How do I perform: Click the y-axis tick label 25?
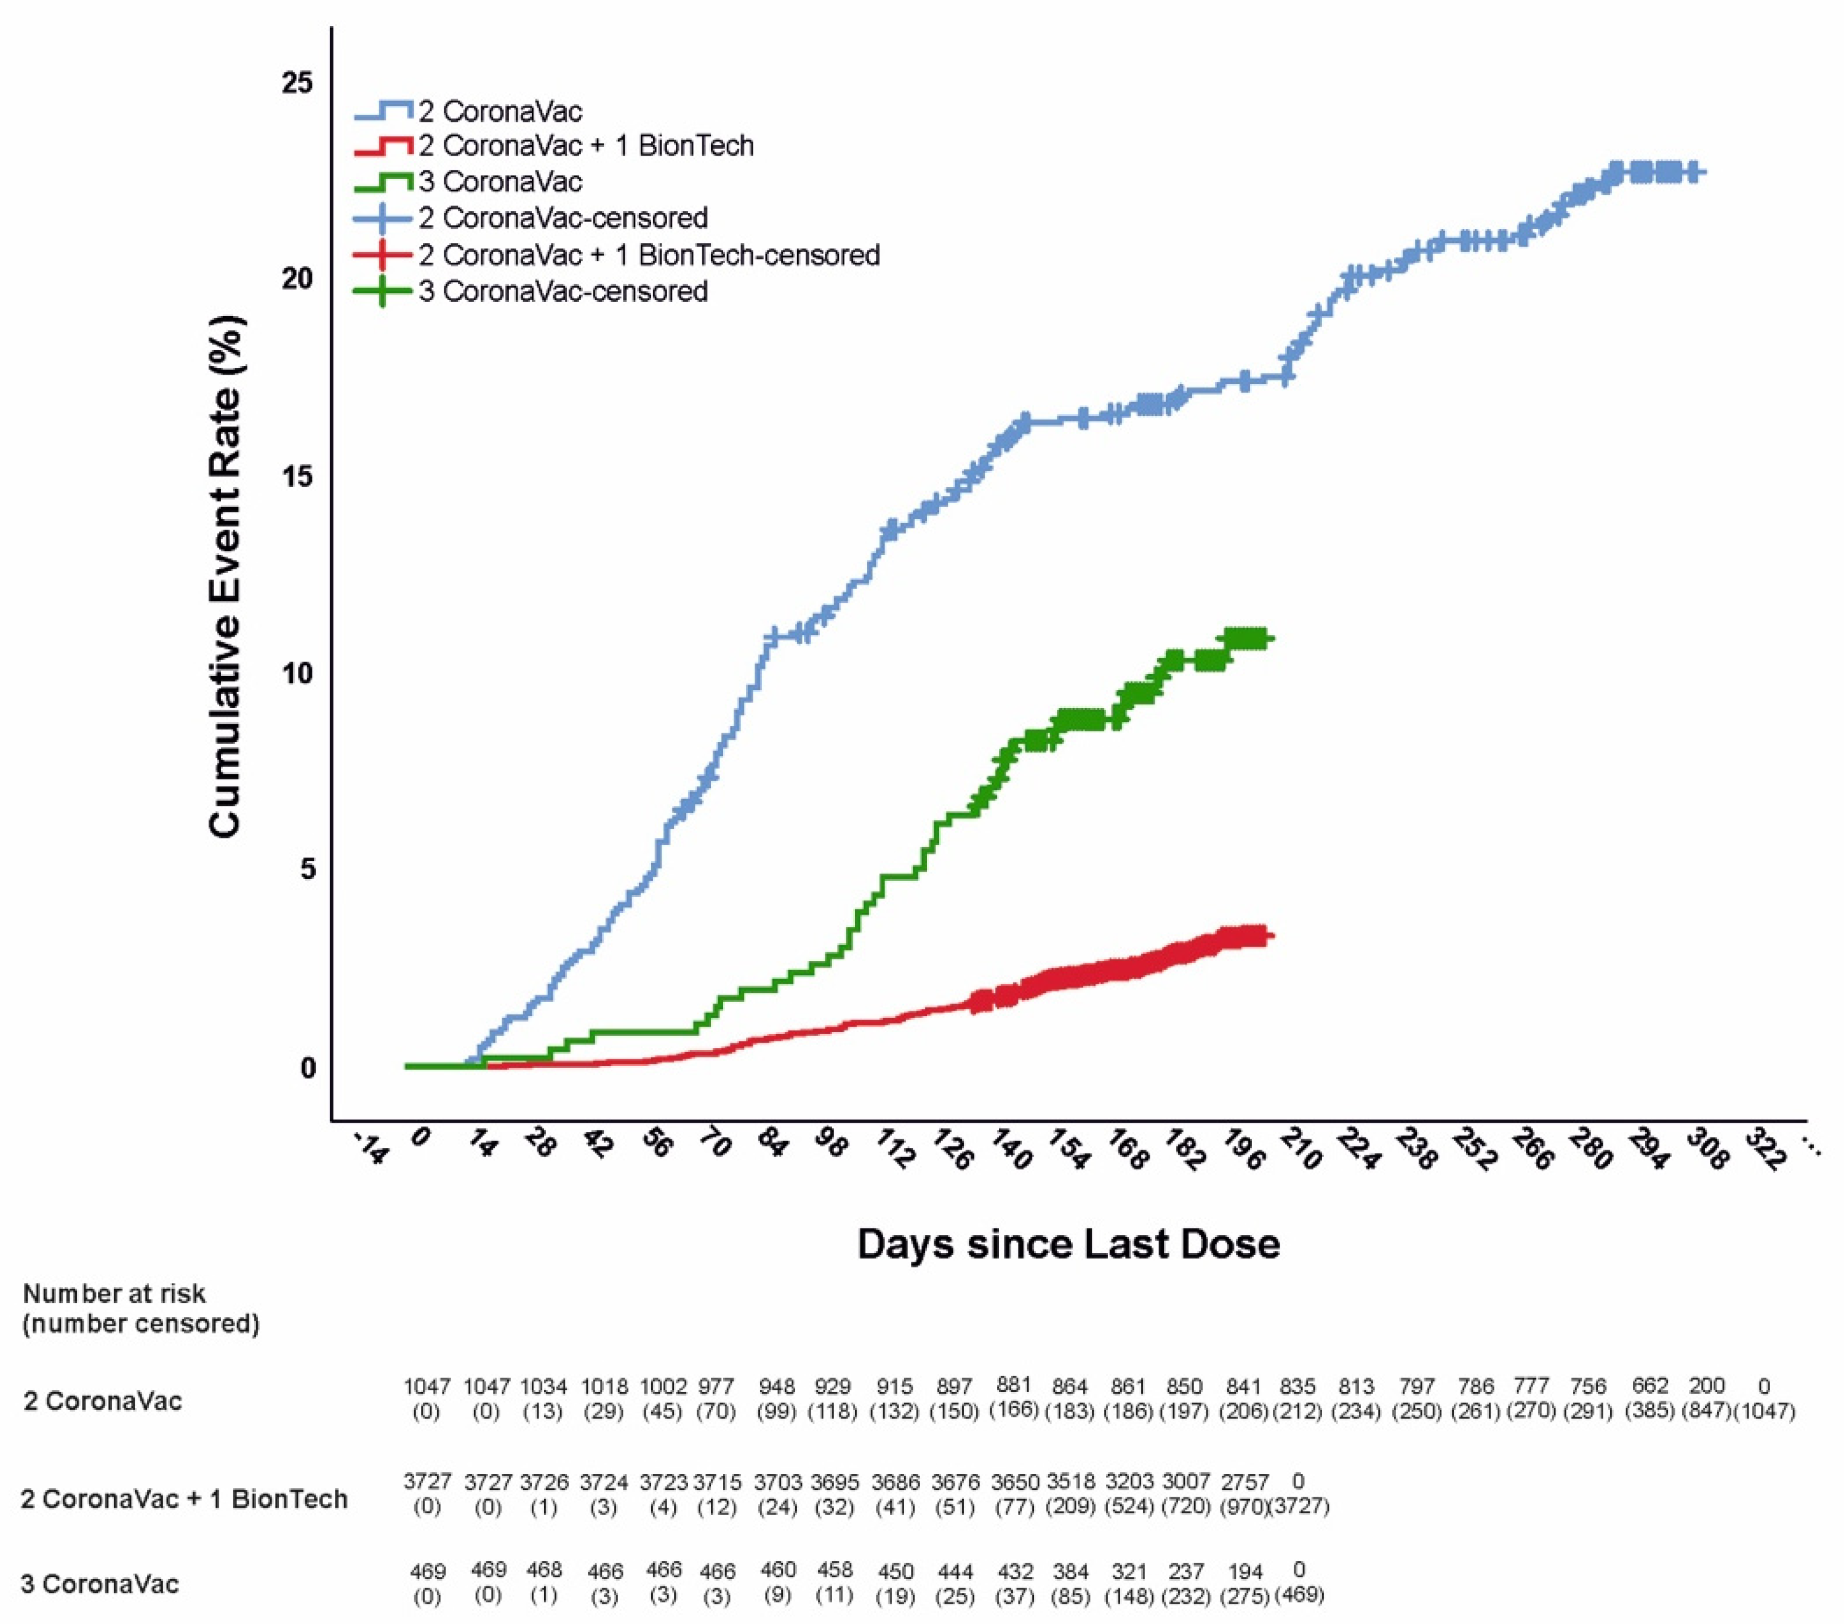tap(297, 83)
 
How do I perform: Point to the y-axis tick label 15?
tap(297, 476)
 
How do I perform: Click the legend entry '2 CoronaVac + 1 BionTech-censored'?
tap(647, 255)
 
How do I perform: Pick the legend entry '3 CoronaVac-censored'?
tap(562, 291)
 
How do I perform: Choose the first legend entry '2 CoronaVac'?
tap(500, 111)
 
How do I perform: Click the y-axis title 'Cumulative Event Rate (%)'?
tap(225, 576)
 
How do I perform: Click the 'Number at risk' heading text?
tap(114, 1293)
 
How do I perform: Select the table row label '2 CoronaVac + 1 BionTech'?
tap(184, 1499)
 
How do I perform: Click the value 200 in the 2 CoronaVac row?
tap(1706, 1385)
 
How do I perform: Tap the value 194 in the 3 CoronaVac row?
tap(1244, 1571)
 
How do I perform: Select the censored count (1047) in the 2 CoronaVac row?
tap(1765, 1411)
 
